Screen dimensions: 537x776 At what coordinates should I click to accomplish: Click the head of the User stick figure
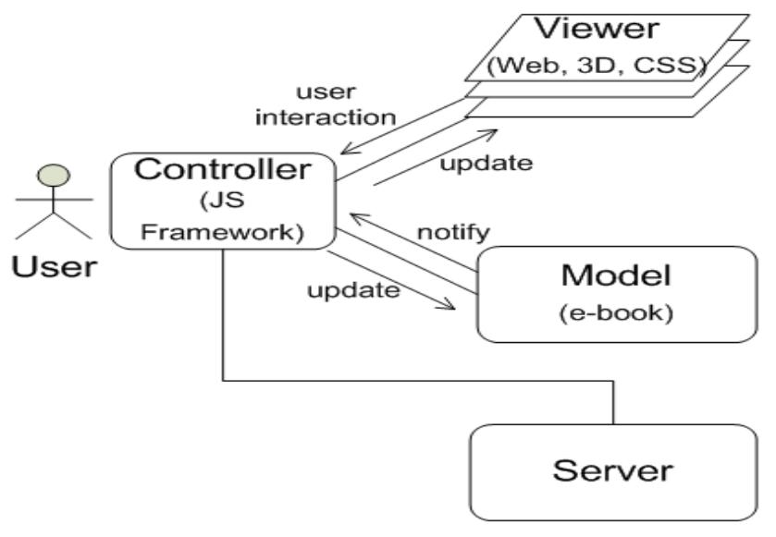click(53, 175)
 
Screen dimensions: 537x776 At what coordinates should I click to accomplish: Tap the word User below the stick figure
click(53, 267)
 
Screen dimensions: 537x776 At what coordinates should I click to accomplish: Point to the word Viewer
click(600, 29)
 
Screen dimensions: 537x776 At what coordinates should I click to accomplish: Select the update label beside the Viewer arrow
click(487, 165)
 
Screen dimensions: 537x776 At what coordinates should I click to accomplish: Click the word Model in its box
click(615, 277)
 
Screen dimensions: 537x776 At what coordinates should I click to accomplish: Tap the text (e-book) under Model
click(615, 312)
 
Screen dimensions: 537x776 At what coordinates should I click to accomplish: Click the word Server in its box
click(612, 470)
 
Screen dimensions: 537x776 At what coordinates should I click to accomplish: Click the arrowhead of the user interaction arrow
click(342, 150)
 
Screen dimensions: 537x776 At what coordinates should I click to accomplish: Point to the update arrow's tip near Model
click(455, 307)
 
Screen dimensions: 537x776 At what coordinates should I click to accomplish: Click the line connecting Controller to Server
click(416, 379)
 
